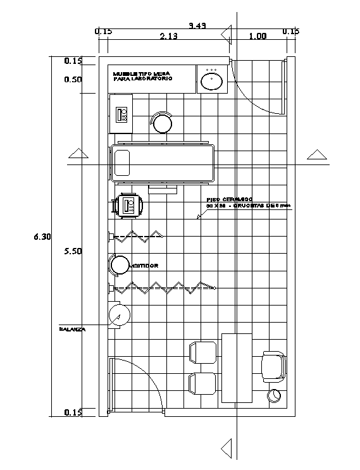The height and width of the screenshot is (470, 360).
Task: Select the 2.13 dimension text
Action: (x=168, y=36)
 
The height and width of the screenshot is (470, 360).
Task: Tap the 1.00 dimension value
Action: (x=258, y=36)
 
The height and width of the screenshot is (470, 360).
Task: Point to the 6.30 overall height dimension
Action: (x=42, y=237)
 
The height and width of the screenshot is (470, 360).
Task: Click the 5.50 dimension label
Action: (x=73, y=251)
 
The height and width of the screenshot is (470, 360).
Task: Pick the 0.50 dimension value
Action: (x=73, y=80)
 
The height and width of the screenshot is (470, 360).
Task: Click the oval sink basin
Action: (x=211, y=80)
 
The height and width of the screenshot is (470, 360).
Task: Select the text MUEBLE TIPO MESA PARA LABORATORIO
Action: (x=142, y=76)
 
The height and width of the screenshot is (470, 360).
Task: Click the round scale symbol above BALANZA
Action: (x=119, y=314)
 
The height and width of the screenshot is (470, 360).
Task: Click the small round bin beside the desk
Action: (x=274, y=396)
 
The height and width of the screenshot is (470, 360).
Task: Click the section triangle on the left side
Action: (x=77, y=154)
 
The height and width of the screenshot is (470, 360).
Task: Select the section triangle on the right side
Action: (x=316, y=154)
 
